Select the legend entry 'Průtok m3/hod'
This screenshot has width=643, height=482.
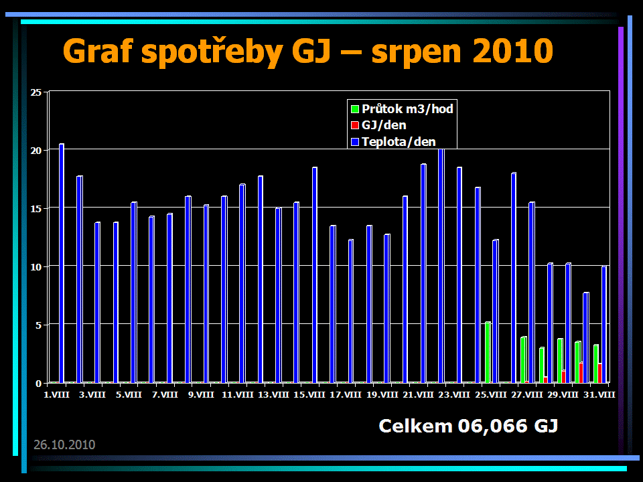(x=402, y=109)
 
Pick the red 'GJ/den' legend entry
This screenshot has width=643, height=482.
(x=378, y=125)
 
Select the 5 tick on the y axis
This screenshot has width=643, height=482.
(x=38, y=325)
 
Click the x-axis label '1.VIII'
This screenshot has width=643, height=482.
(x=56, y=395)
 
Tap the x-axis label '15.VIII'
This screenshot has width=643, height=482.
(x=309, y=395)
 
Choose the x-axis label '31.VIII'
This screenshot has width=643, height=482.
(x=599, y=395)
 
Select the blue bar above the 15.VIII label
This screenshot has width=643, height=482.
(x=315, y=274)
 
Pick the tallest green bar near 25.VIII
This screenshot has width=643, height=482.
(x=488, y=352)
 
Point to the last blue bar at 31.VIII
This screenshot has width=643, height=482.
(x=604, y=325)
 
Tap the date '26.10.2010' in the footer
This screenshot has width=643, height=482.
(x=64, y=445)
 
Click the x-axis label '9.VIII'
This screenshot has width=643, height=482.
(x=201, y=395)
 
